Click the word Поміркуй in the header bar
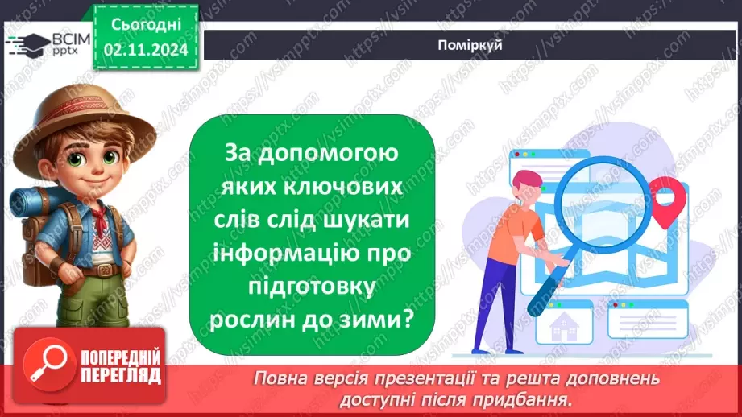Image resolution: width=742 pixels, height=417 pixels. click(x=471, y=45)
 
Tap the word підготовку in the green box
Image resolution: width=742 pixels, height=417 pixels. click(x=312, y=286)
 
